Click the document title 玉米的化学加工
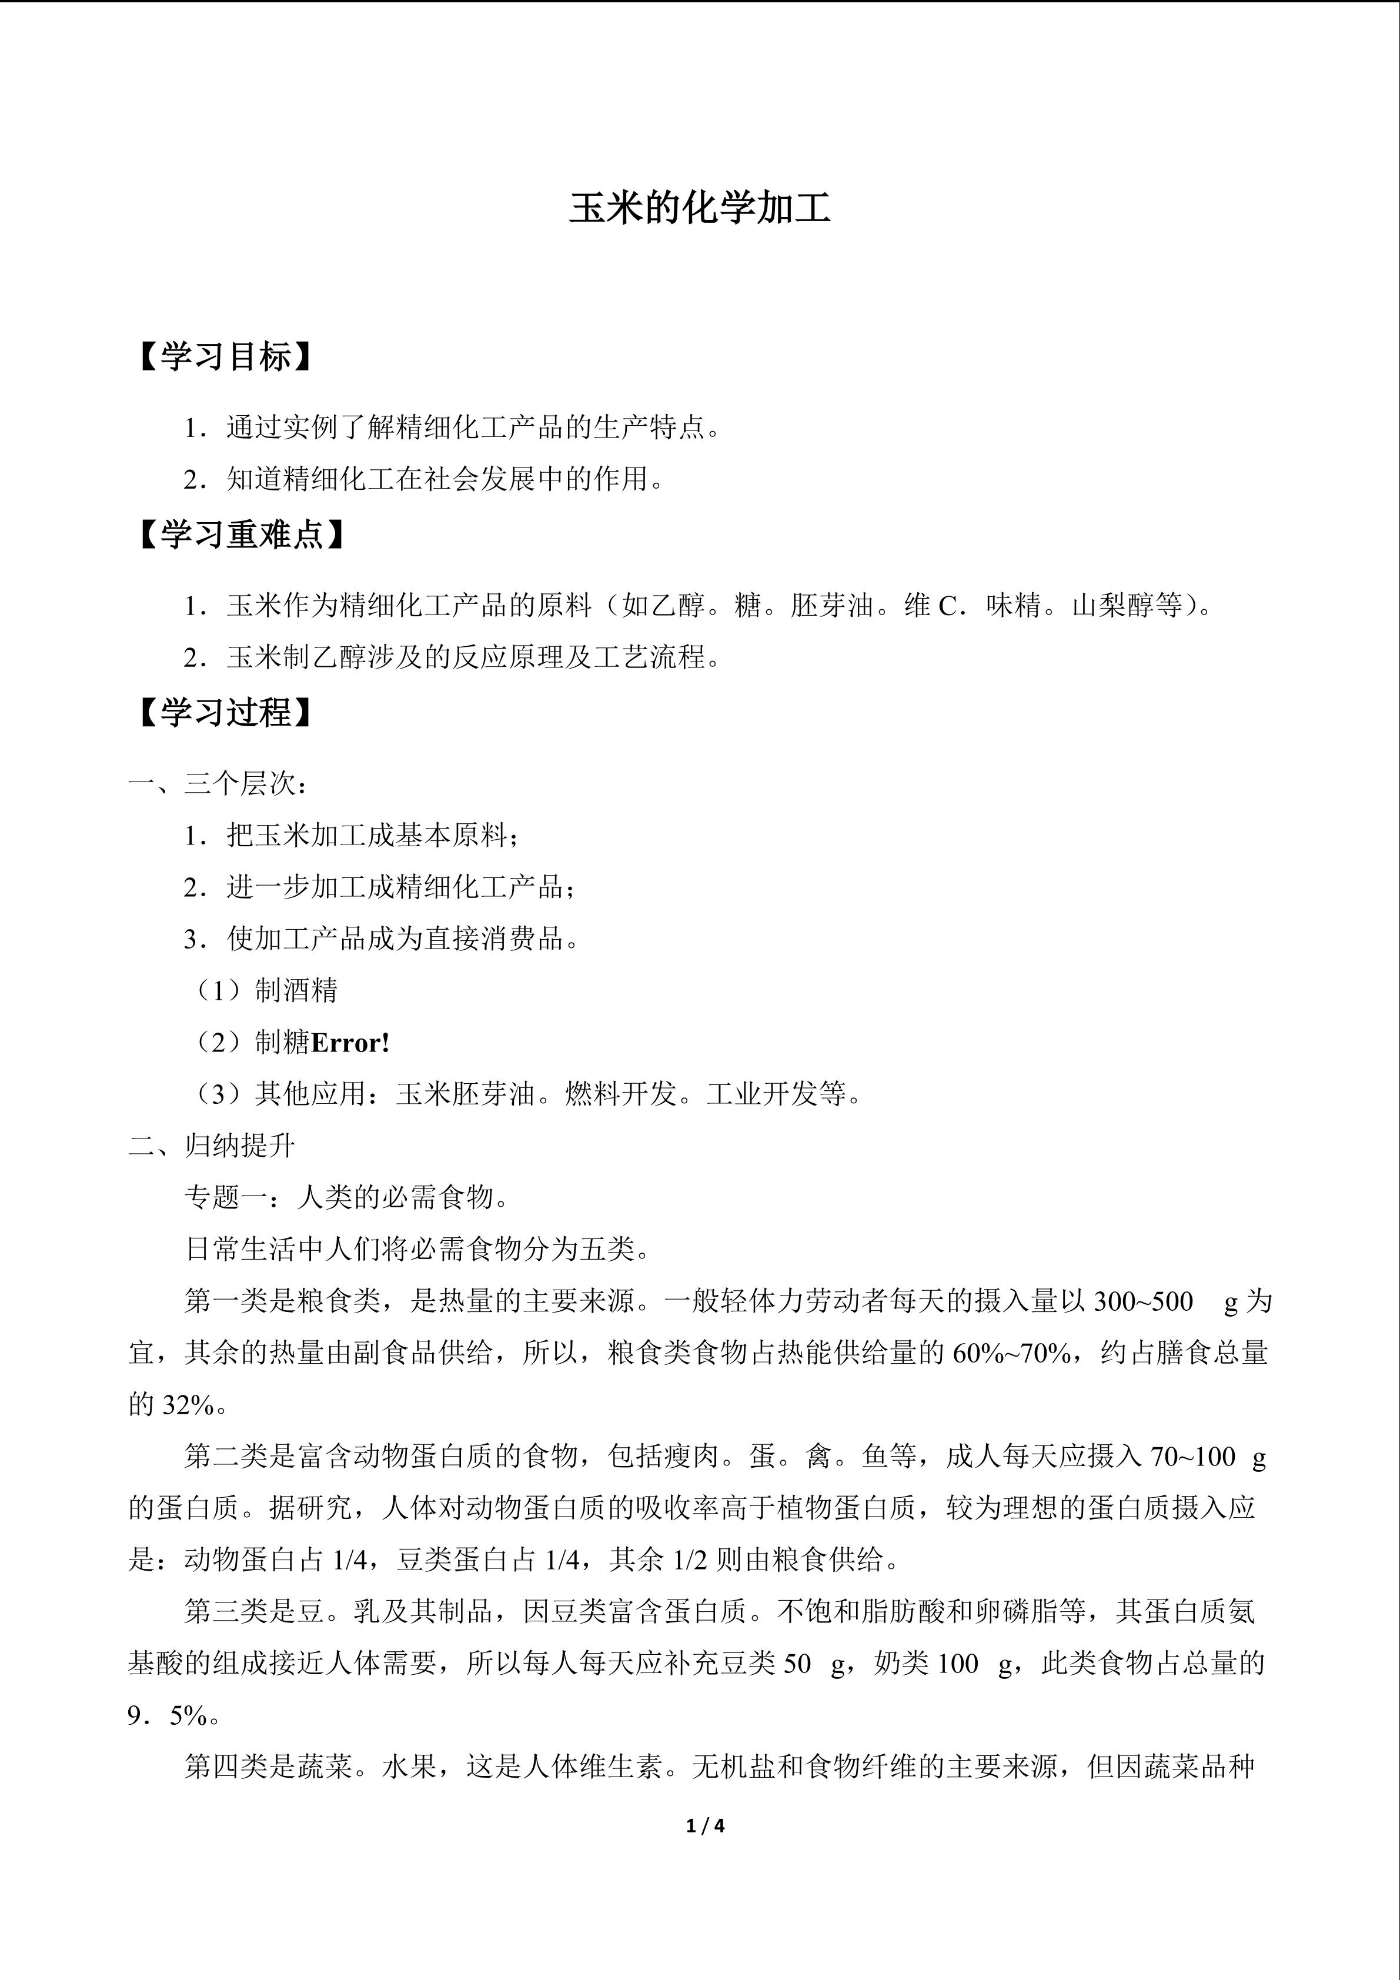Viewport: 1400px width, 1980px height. click(699, 209)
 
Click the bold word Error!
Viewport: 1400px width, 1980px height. click(350, 1043)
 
